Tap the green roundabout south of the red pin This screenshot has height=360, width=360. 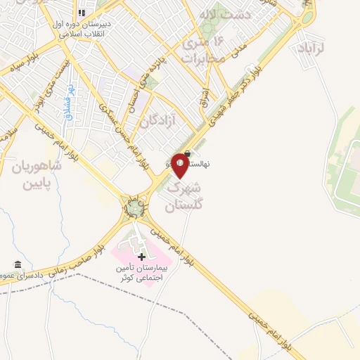click(134, 207)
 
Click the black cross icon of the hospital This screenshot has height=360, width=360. click(142, 257)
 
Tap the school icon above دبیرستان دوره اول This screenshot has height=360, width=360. click(82, 13)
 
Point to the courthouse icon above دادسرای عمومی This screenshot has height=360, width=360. click(17, 264)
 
